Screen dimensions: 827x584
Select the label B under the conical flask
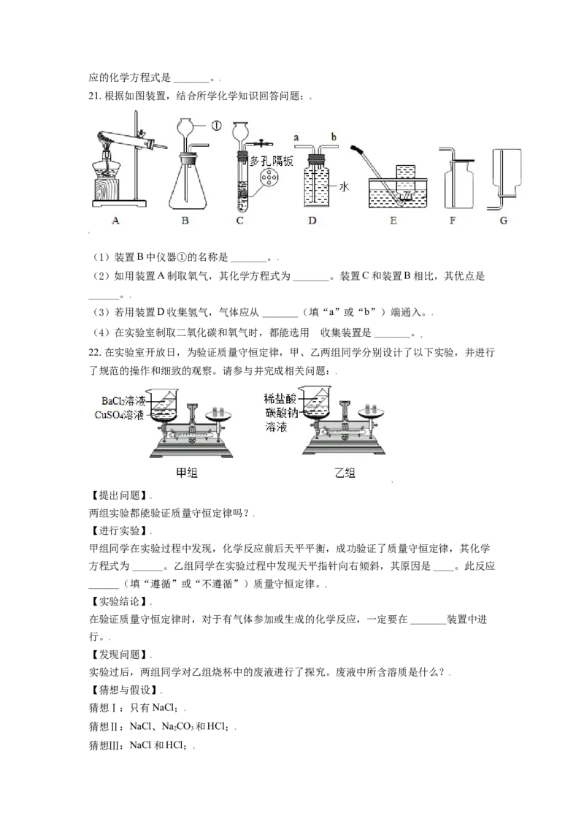[x=185, y=220]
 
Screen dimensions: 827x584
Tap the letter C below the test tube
[x=239, y=220]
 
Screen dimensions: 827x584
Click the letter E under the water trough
[x=393, y=220]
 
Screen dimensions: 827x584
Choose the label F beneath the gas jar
[x=453, y=220]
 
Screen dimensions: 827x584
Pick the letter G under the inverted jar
[x=504, y=220]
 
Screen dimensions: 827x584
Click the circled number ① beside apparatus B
[x=217, y=125]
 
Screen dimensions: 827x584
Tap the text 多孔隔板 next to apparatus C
[x=272, y=161]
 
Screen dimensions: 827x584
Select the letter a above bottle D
[x=296, y=137]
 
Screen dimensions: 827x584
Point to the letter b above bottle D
[x=333, y=137]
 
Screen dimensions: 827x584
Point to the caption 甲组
[x=188, y=473]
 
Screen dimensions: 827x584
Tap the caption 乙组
[x=345, y=473]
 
